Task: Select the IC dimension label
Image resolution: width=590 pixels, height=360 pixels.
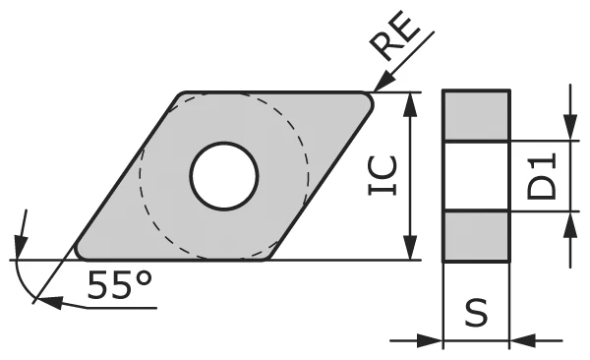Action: point(386,176)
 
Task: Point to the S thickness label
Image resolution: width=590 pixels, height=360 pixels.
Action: point(477,314)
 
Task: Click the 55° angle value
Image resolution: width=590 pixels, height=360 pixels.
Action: point(120,284)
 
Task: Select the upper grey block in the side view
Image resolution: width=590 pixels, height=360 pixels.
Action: point(477,115)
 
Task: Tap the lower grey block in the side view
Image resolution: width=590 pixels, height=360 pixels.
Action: point(477,237)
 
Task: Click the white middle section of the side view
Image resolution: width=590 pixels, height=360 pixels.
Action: point(477,176)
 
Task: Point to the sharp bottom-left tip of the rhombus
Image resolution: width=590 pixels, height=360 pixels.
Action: point(78,255)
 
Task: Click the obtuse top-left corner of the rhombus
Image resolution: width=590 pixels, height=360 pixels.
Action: point(182,95)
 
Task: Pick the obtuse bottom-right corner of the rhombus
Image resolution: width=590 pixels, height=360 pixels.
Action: point(267,258)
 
